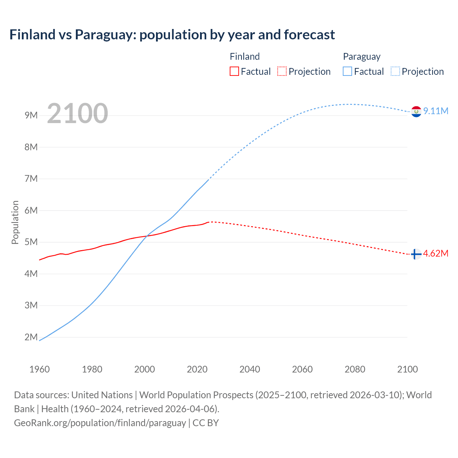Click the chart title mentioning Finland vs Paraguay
[172, 35]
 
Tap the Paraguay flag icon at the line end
[416, 112]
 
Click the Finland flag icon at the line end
[415, 254]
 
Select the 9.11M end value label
[436, 111]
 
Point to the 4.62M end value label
[436, 253]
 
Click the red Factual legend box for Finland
[234, 71]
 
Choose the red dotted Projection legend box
[282, 71]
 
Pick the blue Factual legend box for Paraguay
[347, 71]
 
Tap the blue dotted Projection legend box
[395, 71]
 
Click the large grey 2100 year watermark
[77, 113]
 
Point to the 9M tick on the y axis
[31, 115]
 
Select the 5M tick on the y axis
[31, 242]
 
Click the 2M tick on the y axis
[31, 337]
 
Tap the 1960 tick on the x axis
[39, 369]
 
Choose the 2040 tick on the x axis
[250, 369]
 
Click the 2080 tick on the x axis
[355, 369]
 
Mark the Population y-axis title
[15, 222]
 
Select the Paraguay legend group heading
[362, 57]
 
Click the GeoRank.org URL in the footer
[100, 423]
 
